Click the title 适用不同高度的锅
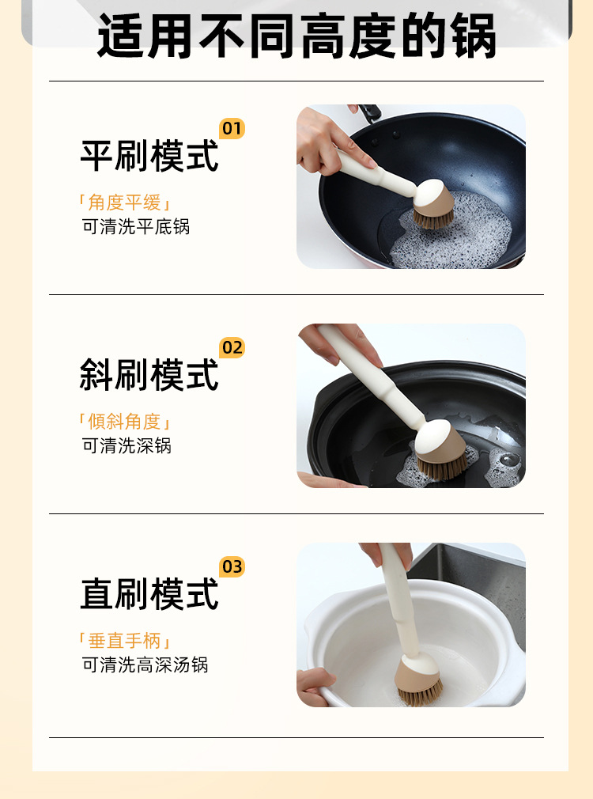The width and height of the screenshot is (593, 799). [296, 36]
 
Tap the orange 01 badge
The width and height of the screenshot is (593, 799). [232, 128]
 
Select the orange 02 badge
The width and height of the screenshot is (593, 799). [232, 347]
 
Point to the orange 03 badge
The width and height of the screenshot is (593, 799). [232, 566]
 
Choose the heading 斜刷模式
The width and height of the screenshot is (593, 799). [149, 375]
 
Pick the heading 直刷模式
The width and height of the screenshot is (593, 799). [149, 594]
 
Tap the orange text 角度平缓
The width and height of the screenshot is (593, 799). [125, 203]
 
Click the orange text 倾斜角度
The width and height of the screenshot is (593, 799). [125, 422]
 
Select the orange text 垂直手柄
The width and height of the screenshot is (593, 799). [125, 641]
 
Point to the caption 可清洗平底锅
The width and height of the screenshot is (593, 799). [135, 227]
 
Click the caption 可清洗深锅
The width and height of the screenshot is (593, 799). [127, 446]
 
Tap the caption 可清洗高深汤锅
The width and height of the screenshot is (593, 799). [145, 665]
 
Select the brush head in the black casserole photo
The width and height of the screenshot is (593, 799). [440, 449]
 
